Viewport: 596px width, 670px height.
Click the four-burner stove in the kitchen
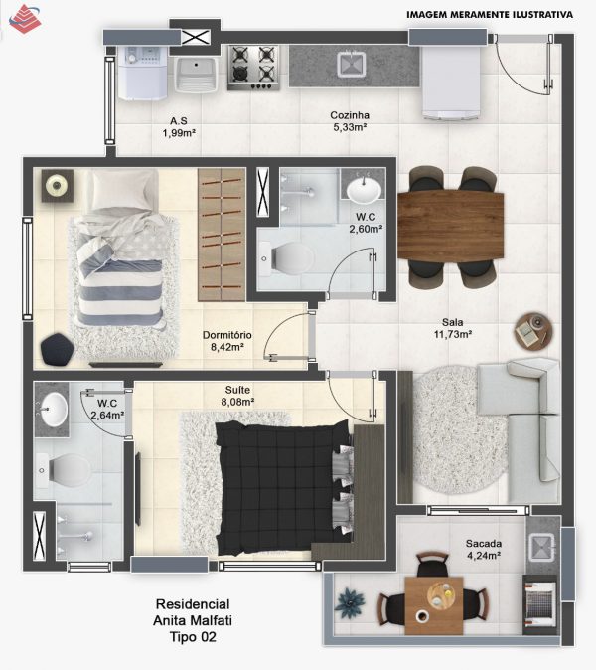pyautogui.click(x=253, y=68)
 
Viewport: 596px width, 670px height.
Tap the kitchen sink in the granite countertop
pyautogui.click(x=352, y=65)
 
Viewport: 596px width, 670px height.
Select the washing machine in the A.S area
pyautogui.click(x=143, y=73)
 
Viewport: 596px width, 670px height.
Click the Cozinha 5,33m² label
pyautogui.click(x=350, y=121)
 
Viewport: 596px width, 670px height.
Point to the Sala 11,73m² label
pyautogui.click(x=453, y=328)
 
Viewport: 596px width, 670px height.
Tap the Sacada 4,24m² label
pyautogui.click(x=484, y=549)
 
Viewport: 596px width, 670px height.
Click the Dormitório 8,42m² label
pyautogui.click(x=227, y=341)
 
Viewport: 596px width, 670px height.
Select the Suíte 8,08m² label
pyautogui.click(x=237, y=396)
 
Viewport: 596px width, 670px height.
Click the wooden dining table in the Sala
pyautogui.click(x=450, y=226)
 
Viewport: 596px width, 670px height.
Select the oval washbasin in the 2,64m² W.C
pyautogui.click(x=54, y=409)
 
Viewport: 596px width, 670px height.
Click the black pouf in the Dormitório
pyautogui.click(x=58, y=350)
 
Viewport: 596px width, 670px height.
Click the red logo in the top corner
pyautogui.click(x=25, y=19)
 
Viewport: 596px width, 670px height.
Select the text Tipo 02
pyautogui.click(x=193, y=637)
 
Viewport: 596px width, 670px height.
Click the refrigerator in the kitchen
pyautogui.click(x=452, y=83)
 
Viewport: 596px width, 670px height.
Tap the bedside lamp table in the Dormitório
pyautogui.click(x=58, y=186)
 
